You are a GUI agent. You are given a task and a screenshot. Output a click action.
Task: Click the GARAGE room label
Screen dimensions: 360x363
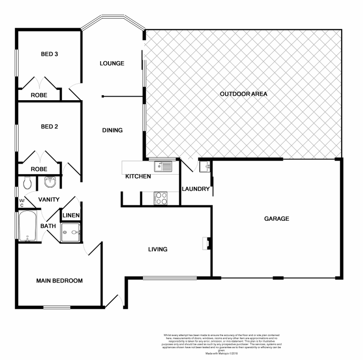(x=277, y=219)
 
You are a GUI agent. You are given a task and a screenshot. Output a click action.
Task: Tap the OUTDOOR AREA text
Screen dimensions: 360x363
(x=244, y=94)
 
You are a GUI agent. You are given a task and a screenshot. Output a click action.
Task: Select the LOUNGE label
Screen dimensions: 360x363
(x=112, y=63)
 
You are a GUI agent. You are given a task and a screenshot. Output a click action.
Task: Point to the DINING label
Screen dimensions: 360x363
(x=112, y=130)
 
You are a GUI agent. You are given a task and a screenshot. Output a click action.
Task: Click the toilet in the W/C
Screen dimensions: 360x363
(x=27, y=183)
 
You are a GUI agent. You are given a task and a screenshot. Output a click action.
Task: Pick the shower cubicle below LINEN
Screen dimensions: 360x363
(x=70, y=232)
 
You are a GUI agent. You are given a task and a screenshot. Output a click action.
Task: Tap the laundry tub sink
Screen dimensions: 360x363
(x=206, y=167)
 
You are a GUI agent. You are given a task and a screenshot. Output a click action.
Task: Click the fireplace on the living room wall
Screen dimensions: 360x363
(x=206, y=243)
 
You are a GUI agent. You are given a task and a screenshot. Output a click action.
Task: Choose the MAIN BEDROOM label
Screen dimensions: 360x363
(x=59, y=281)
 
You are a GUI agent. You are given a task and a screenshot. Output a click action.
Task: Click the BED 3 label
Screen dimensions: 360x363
(x=49, y=54)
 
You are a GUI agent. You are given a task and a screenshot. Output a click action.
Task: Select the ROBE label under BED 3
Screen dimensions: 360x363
(x=39, y=95)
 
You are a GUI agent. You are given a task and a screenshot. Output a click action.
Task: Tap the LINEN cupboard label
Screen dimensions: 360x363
(x=71, y=215)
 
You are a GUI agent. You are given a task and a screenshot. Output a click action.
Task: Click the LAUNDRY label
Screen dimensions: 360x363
(x=196, y=189)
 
